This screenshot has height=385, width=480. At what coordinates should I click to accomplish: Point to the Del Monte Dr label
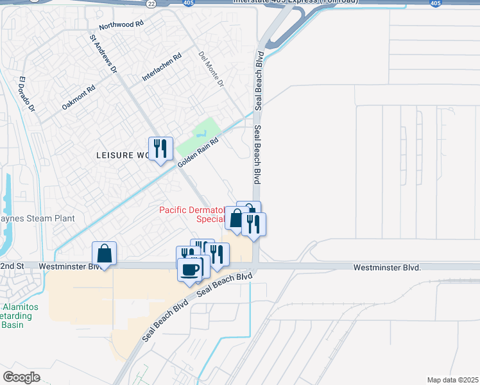coord(211,69)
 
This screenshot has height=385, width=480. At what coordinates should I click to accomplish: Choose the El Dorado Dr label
coord(26,95)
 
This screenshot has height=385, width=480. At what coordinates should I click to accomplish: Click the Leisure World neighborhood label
coord(122,155)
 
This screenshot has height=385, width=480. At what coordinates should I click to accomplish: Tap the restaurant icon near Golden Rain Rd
coord(160,149)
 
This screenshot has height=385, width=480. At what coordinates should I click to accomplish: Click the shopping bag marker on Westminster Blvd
coord(105,253)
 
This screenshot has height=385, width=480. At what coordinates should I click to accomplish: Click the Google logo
coord(21,377)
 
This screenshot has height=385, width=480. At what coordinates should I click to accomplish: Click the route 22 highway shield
coord(150,3)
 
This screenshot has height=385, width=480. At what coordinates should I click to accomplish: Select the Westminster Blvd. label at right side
coord(387,266)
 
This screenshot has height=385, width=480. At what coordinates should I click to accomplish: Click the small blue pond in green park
coord(202,135)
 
